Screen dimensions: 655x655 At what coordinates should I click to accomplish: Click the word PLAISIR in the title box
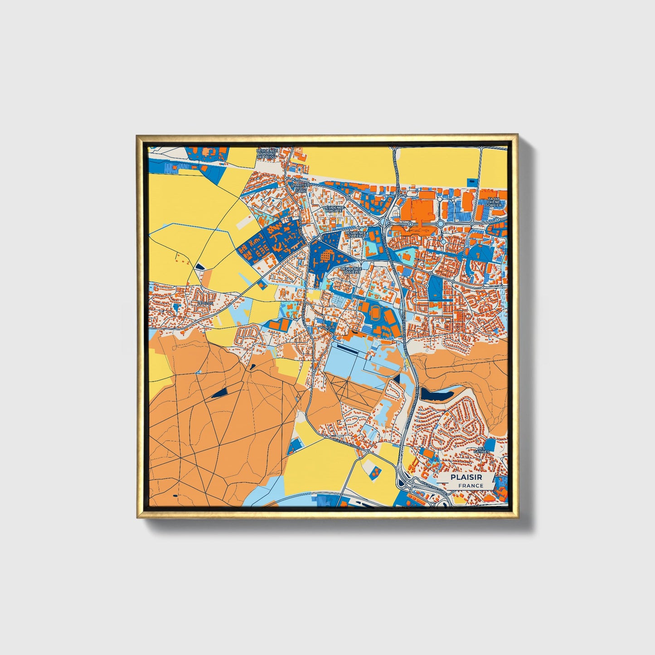(466, 477)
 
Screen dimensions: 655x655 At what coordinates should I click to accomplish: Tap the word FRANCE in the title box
(470, 485)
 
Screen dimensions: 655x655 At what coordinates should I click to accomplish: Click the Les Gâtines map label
(481, 449)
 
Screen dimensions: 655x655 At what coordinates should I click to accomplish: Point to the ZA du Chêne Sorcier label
(494, 202)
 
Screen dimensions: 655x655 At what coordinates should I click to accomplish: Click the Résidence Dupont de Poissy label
(267, 154)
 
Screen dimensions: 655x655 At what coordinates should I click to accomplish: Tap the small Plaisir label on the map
(327, 327)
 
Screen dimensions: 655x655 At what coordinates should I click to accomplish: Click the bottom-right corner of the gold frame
(518, 518)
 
